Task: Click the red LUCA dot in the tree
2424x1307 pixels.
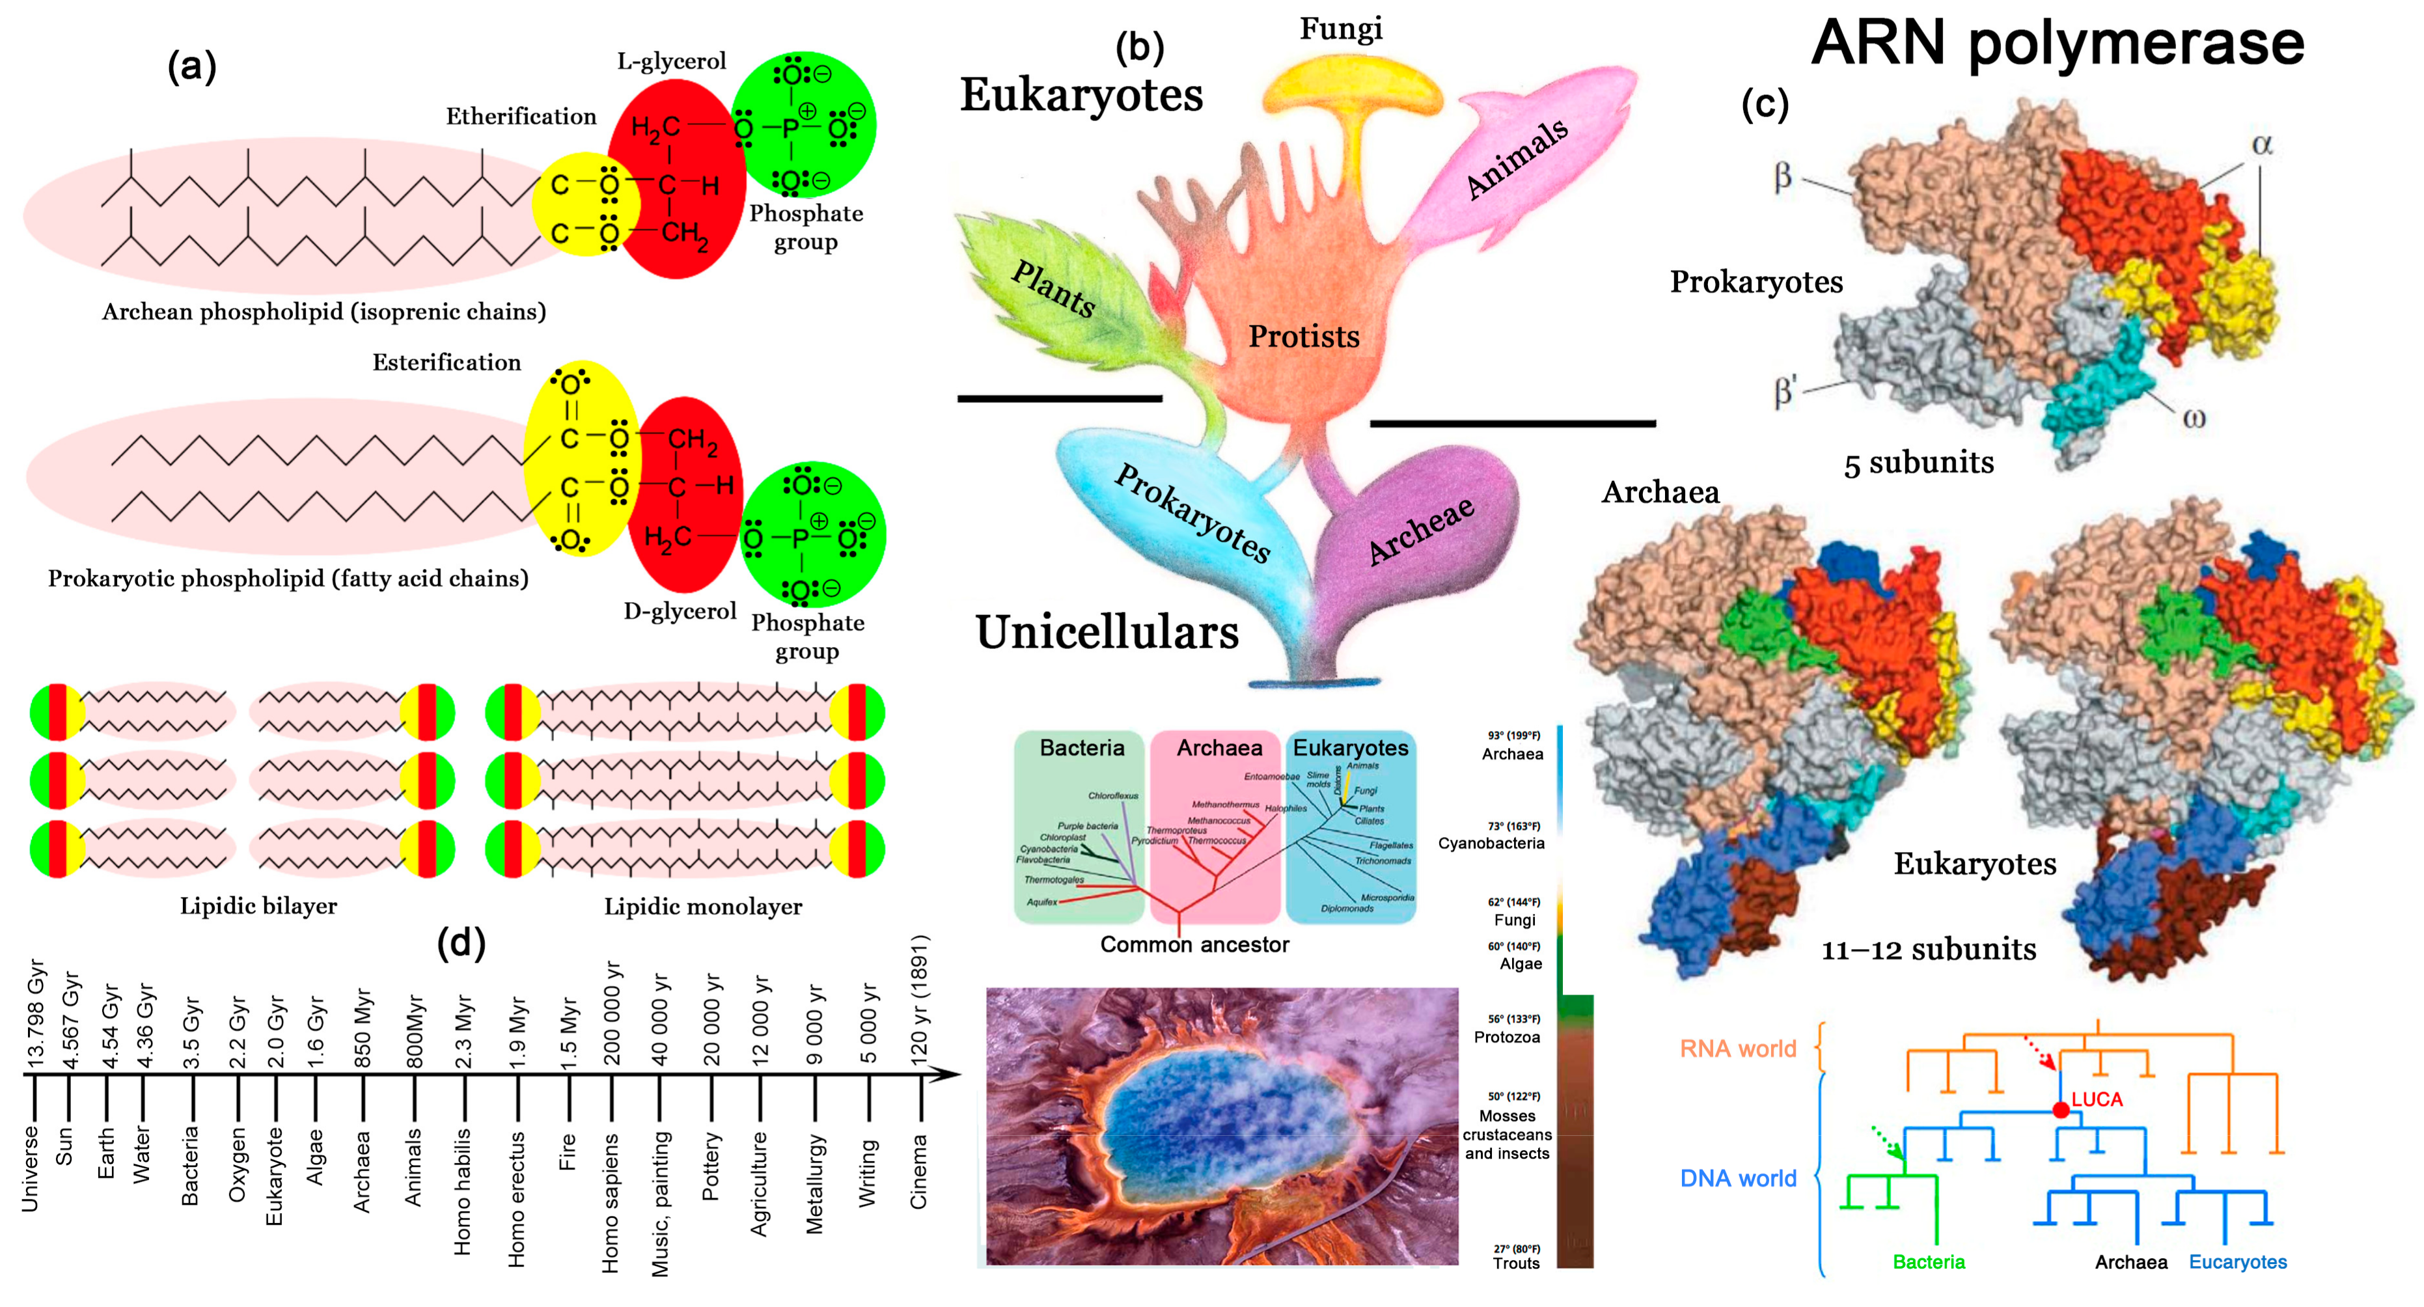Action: point(2060,1110)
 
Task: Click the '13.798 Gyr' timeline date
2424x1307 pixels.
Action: point(36,1014)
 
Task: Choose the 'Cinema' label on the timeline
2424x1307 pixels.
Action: point(918,1172)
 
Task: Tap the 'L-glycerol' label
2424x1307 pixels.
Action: point(671,61)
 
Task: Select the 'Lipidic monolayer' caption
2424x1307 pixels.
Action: point(703,906)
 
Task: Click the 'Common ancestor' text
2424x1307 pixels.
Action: point(1194,944)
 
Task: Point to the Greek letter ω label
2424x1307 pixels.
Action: point(2194,419)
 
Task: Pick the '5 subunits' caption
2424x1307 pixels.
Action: point(1919,463)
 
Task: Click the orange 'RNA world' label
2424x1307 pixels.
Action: point(1738,1048)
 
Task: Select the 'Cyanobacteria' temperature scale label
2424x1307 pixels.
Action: point(1491,843)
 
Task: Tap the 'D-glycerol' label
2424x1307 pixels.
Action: point(680,612)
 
